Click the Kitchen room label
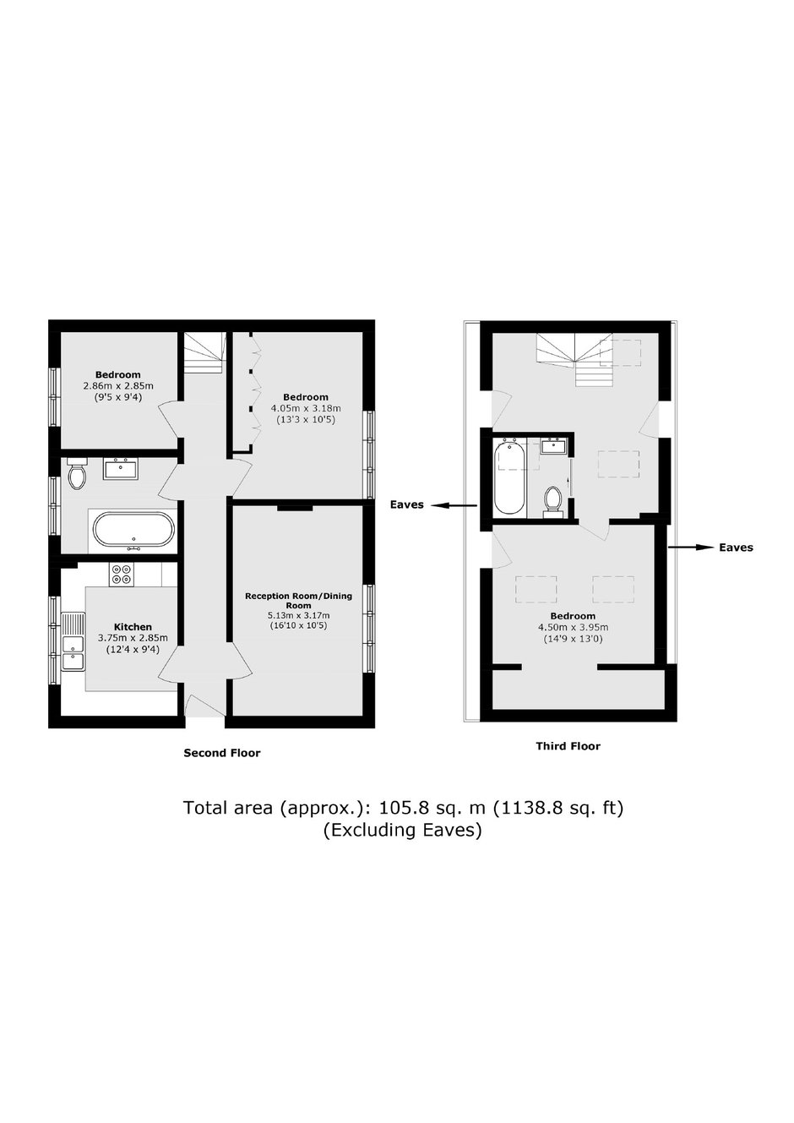[133, 627]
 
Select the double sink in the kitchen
[73, 641]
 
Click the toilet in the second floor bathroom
[77, 473]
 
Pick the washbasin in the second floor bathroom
[121, 469]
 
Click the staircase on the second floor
[203, 352]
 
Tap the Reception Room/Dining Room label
[298, 601]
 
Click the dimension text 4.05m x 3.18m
[306, 408]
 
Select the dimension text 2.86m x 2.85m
[118, 386]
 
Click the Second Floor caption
[222, 753]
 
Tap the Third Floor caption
[568, 746]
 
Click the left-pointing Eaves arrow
[454, 506]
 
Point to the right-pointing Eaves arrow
[691, 548]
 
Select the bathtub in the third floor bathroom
[509, 477]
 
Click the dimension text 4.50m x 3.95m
[573, 627]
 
